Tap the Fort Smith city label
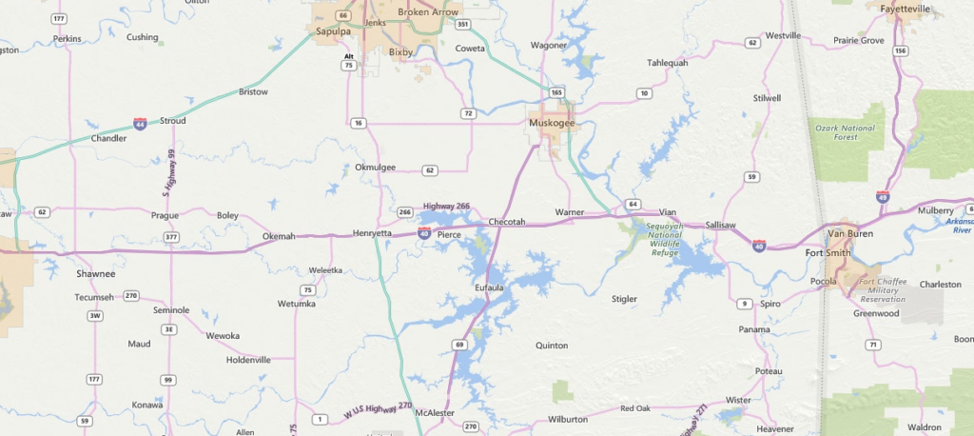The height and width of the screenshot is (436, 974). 827,252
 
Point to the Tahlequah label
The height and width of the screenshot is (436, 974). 667,63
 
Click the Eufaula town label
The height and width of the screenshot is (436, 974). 488,287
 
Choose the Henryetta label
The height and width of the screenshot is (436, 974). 372,233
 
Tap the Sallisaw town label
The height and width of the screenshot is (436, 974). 720,225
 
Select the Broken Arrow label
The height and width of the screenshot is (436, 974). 427,12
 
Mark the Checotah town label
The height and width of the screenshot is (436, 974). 506,222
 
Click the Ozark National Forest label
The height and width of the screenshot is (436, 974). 845,132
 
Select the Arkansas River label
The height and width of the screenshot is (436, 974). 959,226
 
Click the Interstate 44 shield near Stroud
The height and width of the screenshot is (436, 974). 140,125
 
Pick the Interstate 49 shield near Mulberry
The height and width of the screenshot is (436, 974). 883,196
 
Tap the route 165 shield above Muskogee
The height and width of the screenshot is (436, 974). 555,92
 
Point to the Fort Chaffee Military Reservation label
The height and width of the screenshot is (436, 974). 882,290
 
